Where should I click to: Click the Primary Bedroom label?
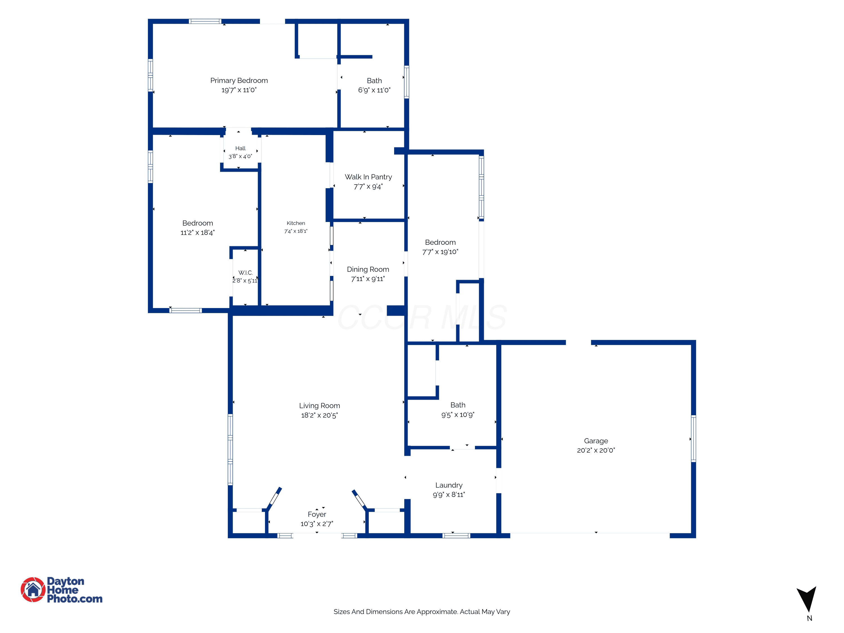[239, 80]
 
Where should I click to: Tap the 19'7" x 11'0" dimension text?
[239, 90]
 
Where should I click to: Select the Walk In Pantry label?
[368, 177]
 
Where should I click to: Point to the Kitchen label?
[296, 223]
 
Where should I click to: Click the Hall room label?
[240, 149]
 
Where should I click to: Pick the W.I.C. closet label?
[245, 273]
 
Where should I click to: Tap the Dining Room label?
[368, 270]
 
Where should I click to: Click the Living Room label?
[319, 406]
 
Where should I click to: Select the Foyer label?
[317, 514]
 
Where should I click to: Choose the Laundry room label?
[449, 485]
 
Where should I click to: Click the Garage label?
[596, 441]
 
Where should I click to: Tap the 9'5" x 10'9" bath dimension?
[458, 415]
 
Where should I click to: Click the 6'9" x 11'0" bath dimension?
[374, 90]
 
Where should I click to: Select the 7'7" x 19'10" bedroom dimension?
[440, 252]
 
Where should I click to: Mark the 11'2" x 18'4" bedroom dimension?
[198, 233]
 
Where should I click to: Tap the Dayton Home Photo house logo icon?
[33, 589]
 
